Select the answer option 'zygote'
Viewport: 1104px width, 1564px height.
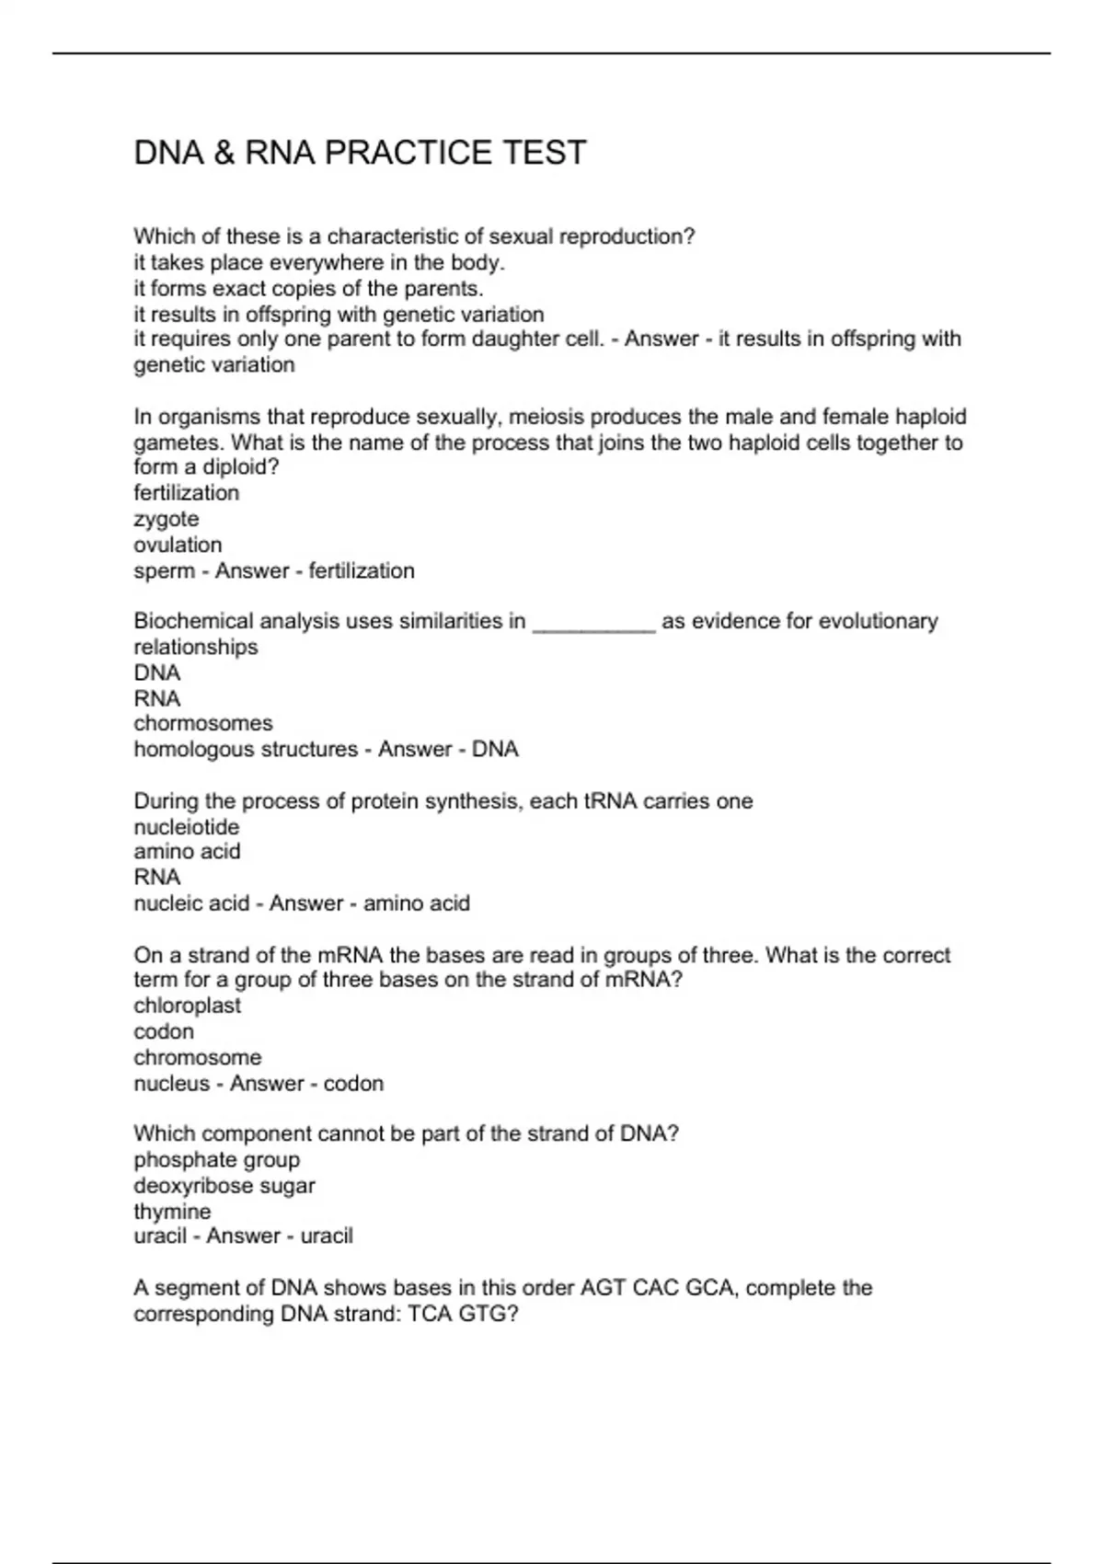(x=167, y=519)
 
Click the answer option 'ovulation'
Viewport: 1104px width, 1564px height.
(x=178, y=545)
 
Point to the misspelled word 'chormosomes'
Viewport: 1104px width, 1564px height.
(x=203, y=723)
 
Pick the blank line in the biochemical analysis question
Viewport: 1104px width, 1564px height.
(x=593, y=623)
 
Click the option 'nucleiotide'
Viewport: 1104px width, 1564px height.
(x=187, y=827)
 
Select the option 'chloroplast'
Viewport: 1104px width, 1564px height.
(x=188, y=1006)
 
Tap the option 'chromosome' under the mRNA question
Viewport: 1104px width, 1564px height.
(x=198, y=1057)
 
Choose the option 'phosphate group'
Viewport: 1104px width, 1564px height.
(x=217, y=1160)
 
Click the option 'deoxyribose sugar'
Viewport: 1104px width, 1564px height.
(x=224, y=1186)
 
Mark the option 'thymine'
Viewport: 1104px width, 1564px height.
(x=172, y=1212)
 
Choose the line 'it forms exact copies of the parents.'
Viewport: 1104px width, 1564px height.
(x=309, y=289)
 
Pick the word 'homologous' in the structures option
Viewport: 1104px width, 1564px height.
(x=192, y=750)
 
